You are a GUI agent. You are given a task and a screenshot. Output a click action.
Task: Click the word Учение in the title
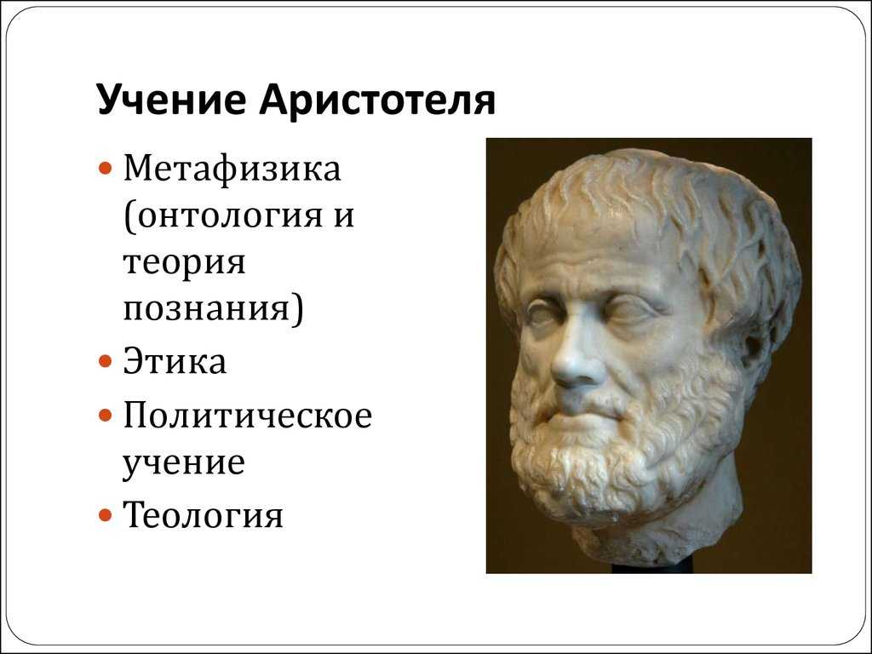point(171,100)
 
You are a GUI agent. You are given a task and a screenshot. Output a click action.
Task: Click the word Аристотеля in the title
point(377,100)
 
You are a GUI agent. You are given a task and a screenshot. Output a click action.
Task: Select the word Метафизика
point(232,168)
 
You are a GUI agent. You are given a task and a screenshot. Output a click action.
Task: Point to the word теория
point(184,262)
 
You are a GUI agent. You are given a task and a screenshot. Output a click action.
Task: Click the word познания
point(207,308)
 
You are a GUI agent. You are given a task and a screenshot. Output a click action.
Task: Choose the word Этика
point(175,361)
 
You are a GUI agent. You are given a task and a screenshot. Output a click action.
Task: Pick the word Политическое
point(248,415)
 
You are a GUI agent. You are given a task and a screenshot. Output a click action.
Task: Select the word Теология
point(203,515)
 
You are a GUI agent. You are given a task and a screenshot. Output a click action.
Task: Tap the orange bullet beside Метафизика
point(106,168)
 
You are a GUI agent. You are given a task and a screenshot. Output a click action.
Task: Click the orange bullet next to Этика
point(106,362)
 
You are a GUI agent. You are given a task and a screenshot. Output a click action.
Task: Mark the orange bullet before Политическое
point(106,416)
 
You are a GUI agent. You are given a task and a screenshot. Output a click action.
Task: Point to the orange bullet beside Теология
point(106,515)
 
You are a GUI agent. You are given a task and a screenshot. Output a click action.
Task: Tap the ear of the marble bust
point(756,345)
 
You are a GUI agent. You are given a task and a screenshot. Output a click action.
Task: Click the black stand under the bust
point(651,567)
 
